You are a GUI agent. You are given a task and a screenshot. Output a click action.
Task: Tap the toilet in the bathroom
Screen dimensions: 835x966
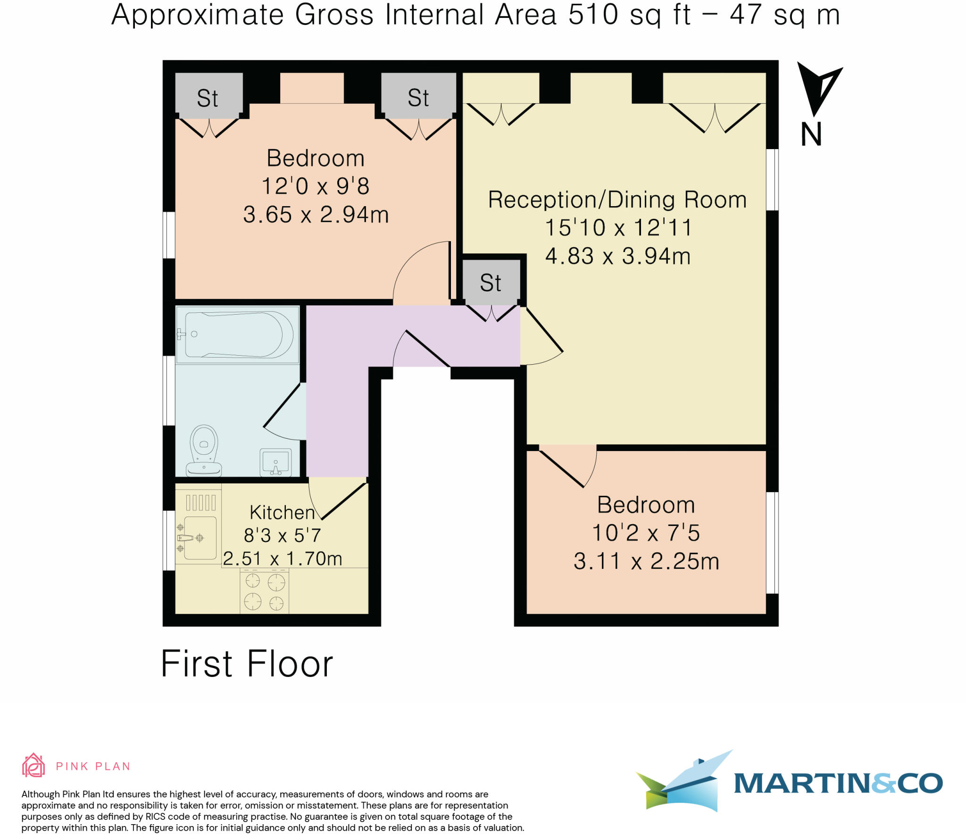[204, 451]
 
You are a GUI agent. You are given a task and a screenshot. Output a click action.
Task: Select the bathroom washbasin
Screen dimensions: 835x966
[275, 462]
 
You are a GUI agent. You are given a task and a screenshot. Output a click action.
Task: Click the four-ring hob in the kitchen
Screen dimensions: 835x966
[264, 591]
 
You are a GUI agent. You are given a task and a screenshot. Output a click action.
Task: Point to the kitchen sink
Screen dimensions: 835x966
[199, 537]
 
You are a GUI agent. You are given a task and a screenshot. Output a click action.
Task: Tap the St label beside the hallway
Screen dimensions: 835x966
[491, 283]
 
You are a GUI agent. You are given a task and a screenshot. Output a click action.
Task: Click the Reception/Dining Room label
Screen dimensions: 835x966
[617, 200]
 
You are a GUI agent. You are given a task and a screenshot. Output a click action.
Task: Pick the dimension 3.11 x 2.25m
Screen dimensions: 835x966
[646, 561]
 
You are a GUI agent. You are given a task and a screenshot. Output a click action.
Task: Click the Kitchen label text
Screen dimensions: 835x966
[282, 512]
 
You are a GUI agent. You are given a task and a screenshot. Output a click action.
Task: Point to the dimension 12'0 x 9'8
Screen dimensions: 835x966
[315, 186]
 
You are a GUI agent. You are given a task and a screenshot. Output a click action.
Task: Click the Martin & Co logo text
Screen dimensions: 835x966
[838, 784]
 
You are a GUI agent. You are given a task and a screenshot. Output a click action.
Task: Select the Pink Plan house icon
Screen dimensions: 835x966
[33, 765]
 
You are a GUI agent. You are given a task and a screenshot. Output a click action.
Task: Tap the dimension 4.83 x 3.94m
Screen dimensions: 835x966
[617, 256]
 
